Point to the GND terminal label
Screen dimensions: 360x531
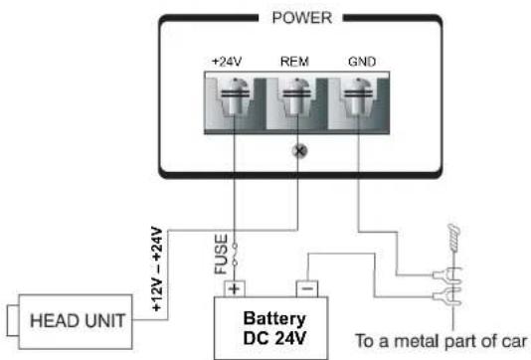pyautogui.click(x=362, y=61)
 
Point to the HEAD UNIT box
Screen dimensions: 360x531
pyautogui.click(x=76, y=320)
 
